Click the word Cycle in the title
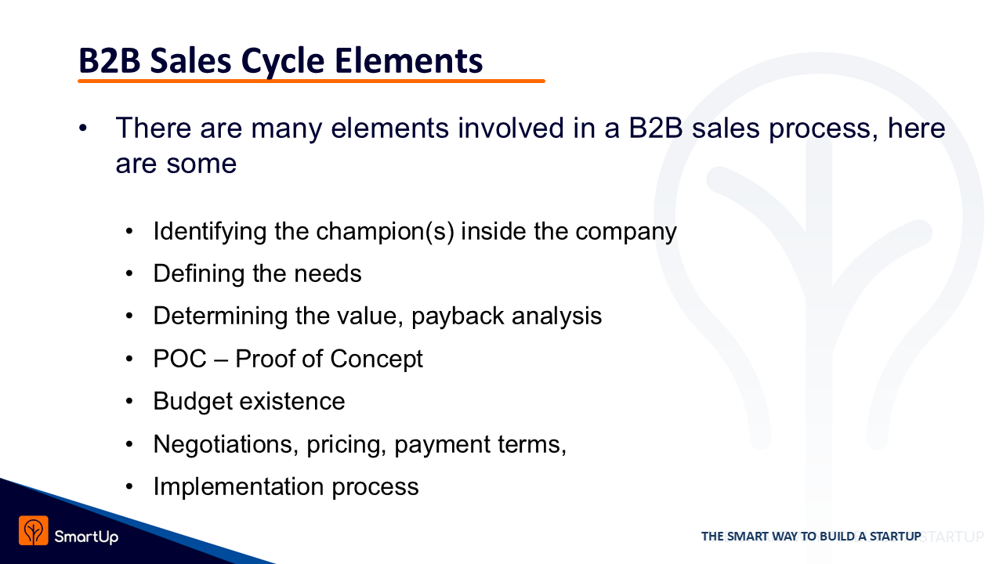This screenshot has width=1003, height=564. [x=283, y=61]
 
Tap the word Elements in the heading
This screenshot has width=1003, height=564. [x=408, y=60]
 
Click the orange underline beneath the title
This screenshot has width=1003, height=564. [x=311, y=81]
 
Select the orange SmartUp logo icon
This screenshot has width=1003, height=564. [x=34, y=530]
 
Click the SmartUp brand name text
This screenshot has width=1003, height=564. [x=86, y=537]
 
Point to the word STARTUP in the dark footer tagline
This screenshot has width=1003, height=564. [x=895, y=537]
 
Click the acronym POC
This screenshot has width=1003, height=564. [x=180, y=359]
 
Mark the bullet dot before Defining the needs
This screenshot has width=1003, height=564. [x=129, y=273]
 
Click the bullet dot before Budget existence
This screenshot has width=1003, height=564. [x=129, y=400]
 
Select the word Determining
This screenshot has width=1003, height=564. [x=220, y=316]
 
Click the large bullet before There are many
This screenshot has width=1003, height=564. [x=83, y=128]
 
